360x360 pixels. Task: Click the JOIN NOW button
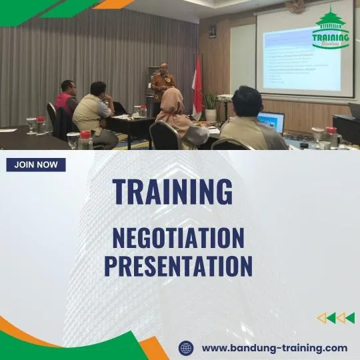(36, 165)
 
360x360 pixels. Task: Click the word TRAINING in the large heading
(173, 192)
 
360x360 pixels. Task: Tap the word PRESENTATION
(178, 265)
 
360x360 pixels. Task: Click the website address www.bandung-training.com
(274, 347)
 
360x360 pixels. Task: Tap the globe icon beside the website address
(187, 347)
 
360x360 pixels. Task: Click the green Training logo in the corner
(331, 30)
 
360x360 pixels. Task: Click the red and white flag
(197, 85)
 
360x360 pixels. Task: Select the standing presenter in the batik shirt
(162, 85)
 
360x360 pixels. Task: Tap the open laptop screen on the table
(271, 122)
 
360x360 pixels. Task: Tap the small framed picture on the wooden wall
(212, 31)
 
